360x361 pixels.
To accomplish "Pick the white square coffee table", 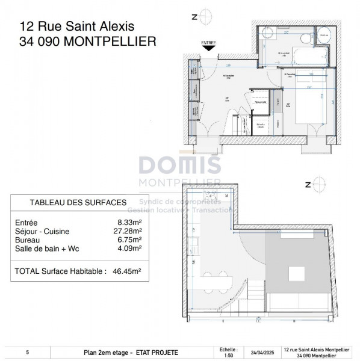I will (300, 275).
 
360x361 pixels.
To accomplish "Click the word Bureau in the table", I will (26, 239).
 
